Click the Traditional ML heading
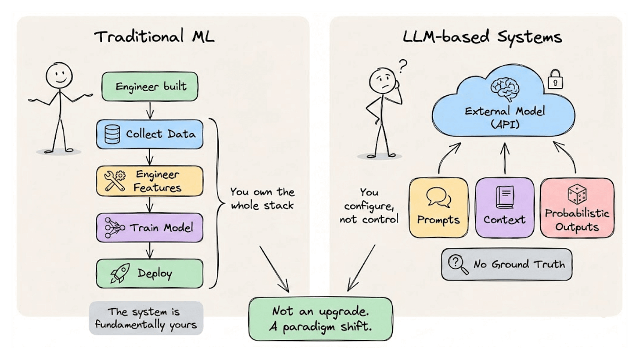tap(154, 37)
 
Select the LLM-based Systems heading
tap(482, 37)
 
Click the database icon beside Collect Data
tap(112, 134)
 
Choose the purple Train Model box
tap(150, 227)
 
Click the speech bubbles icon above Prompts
tap(438, 197)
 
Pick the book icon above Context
tap(504, 196)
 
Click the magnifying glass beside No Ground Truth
tap(457, 264)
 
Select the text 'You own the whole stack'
tap(262, 198)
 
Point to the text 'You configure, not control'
tap(369, 205)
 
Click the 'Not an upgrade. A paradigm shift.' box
tap(320, 318)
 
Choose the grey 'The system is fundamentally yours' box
tap(146, 318)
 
